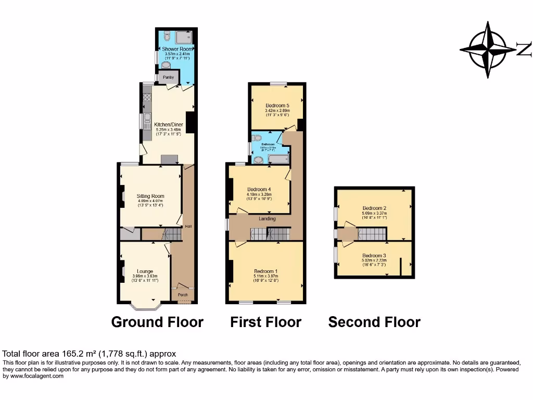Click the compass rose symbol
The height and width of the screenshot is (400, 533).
point(488,50)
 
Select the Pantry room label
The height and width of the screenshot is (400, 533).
point(168,77)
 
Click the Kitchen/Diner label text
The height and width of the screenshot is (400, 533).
point(168,125)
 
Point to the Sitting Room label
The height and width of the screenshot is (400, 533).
point(150,196)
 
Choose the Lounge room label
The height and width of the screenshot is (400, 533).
point(145,271)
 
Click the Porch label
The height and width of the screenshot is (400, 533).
point(183,295)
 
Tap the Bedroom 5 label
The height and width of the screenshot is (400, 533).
point(277,106)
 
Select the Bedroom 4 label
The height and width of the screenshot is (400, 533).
point(259,189)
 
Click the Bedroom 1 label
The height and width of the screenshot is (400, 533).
point(265,271)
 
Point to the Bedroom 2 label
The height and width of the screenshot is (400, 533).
point(374,208)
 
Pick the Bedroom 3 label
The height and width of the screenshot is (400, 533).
point(374,256)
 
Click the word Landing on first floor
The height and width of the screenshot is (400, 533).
point(267,219)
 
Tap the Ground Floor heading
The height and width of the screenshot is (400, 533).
point(157,322)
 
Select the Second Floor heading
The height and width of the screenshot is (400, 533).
point(374,322)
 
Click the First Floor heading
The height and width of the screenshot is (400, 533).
point(265,322)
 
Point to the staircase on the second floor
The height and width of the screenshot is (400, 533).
point(371,234)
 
